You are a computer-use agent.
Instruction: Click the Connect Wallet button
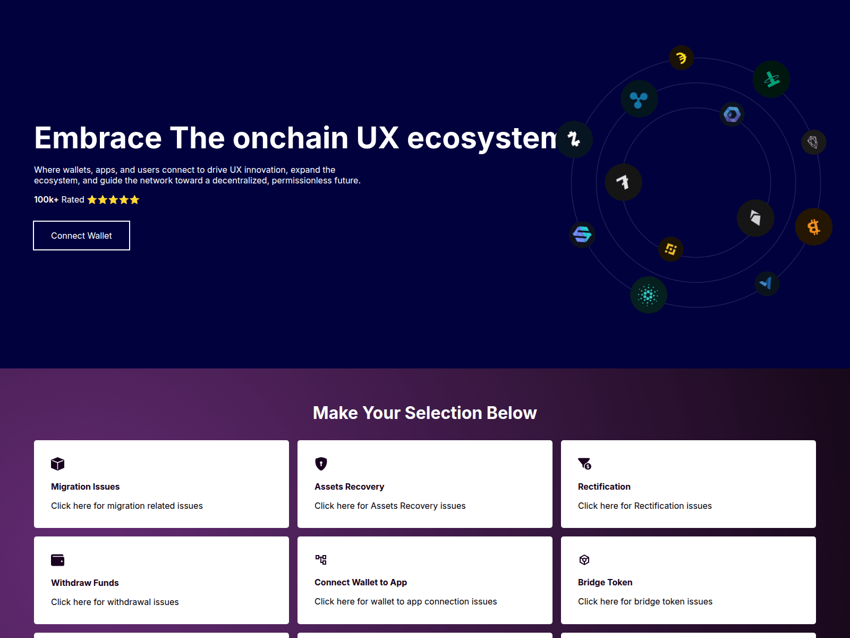(81, 236)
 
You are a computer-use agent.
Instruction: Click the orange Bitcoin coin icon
(813, 227)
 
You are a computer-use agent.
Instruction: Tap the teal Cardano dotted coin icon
(648, 295)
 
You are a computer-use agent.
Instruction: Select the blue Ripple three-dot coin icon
(639, 99)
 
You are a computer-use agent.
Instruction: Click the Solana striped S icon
(582, 234)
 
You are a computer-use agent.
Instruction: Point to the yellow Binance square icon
(671, 249)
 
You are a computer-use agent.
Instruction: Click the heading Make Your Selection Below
(424, 413)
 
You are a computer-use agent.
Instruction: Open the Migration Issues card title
(85, 486)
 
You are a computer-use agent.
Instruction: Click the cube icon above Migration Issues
(57, 464)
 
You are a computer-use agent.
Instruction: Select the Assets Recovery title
(349, 486)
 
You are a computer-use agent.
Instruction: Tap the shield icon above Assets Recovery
(321, 464)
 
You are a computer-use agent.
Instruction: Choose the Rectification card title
(604, 486)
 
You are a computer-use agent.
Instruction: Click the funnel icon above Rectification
(584, 464)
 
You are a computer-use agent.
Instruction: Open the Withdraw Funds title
(84, 583)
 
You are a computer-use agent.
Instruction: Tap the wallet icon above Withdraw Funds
(57, 560)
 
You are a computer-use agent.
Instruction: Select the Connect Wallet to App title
(360, 582)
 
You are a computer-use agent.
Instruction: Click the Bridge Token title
(605, 582)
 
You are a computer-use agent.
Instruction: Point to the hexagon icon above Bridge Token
(584, 560)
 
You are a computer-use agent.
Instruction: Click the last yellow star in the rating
(134, 200)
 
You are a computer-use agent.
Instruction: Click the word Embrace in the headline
(98, 138)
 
